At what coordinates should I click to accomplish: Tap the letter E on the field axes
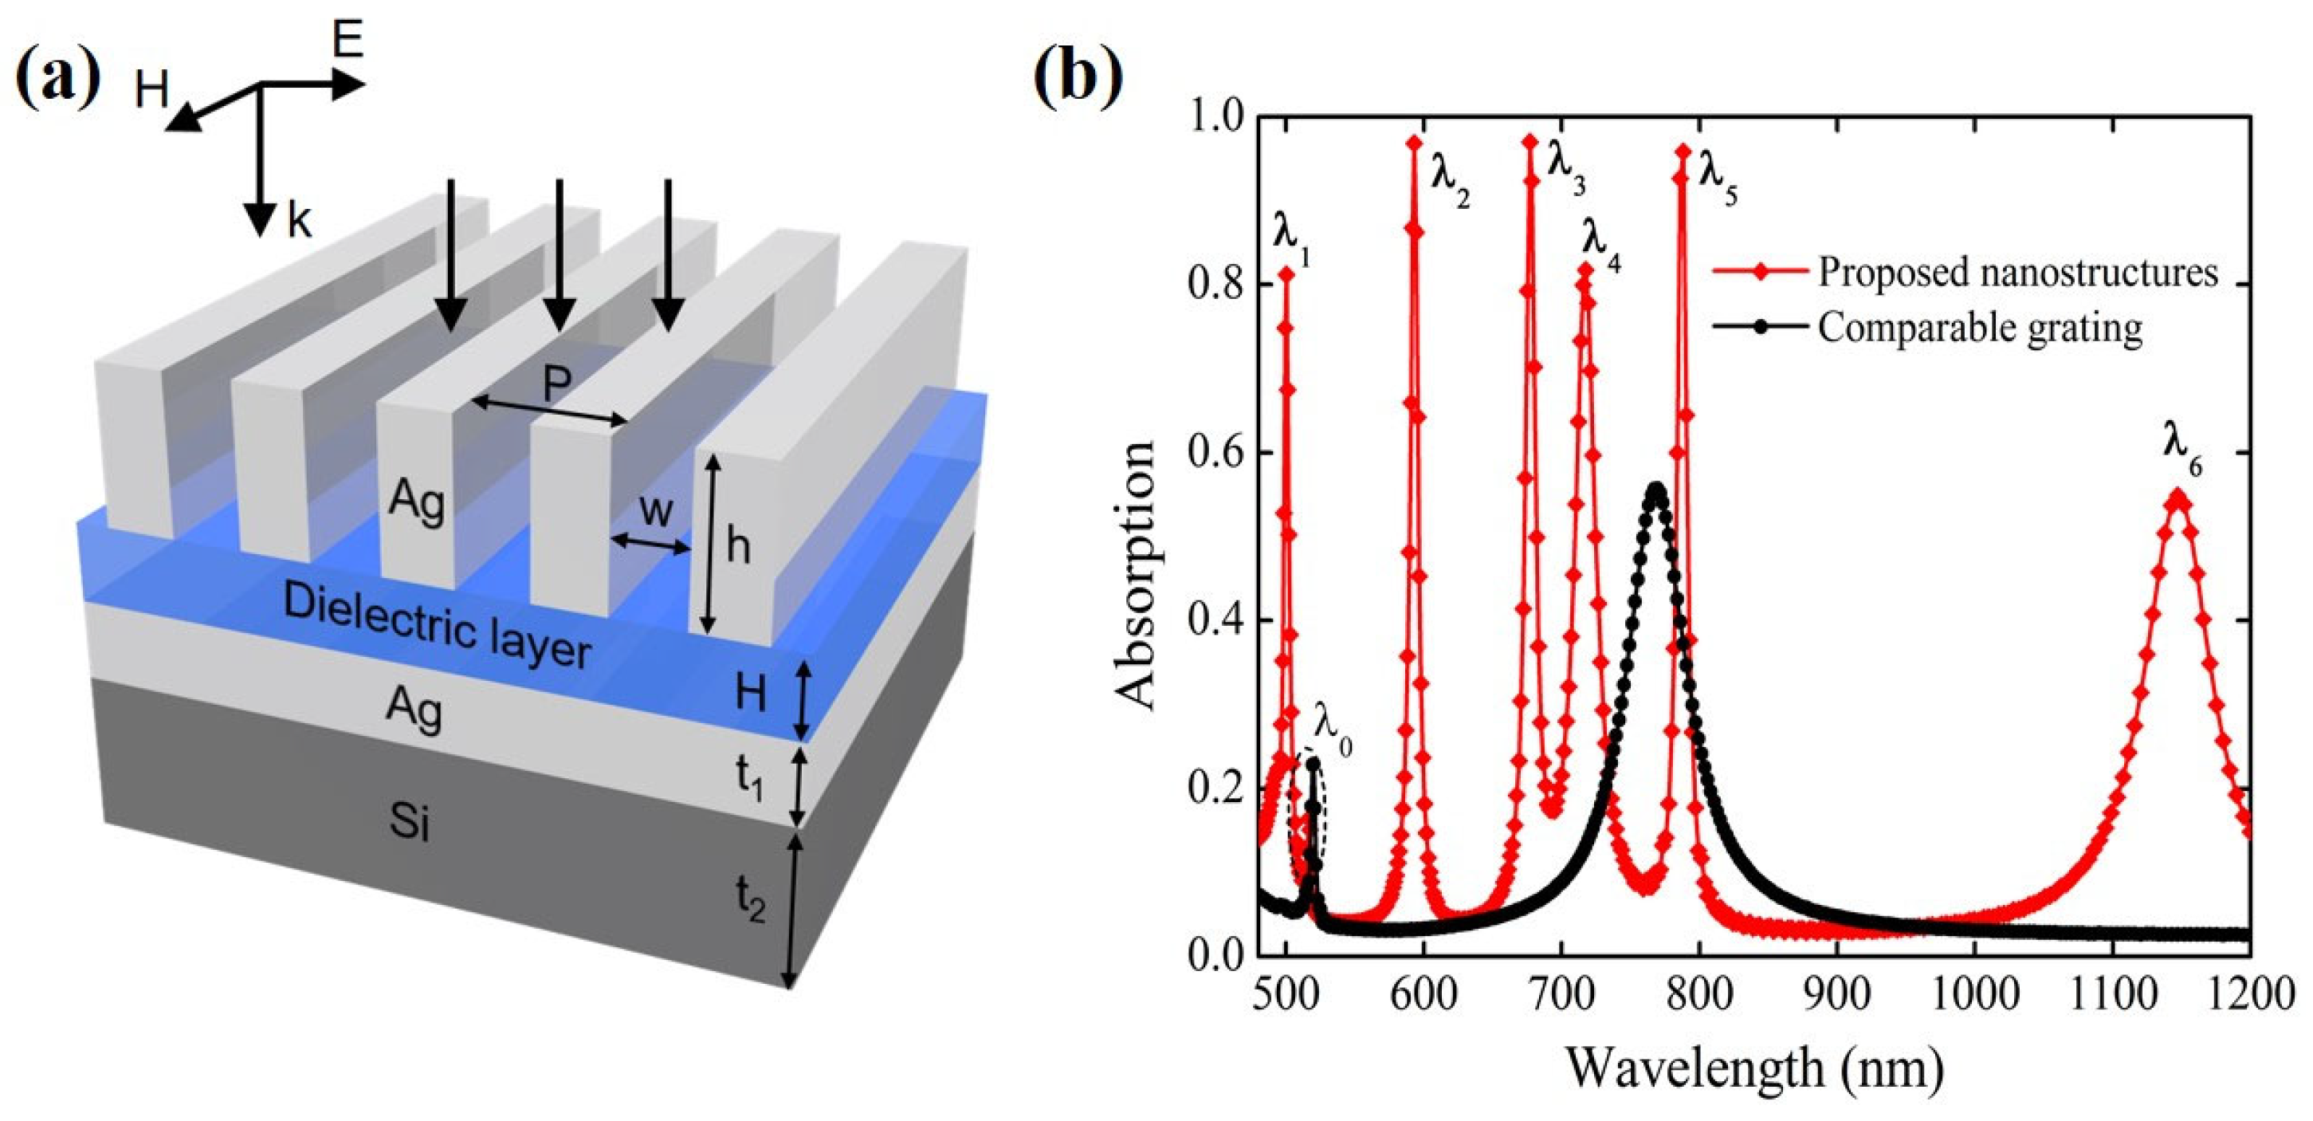pyautogui.click(x=348, y=41)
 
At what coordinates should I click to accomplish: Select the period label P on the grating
pyautogui.click(x=556, y=384)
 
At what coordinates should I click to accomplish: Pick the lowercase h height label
pyautogui.click(x=738, y=545)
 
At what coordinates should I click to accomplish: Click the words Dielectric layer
pyautogui.click(x=438, y=626)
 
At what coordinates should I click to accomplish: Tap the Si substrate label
pyautogui.click(x=410, y=821)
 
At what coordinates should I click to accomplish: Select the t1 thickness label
pyautogui.click(x=750, y=778)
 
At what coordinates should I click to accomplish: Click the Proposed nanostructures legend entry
pyautogui.click(x=2017, y=271)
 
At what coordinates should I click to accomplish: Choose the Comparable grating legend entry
pyautogui.click(x=1980, y=327)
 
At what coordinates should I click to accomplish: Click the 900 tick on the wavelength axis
pyautogui.click(x=1837, y=995)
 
